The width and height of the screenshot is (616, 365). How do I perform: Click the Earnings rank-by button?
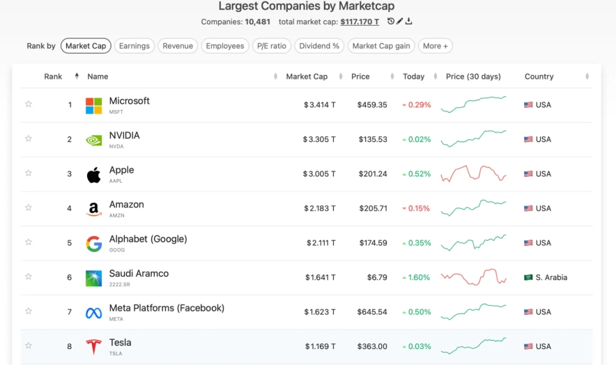(134, 46)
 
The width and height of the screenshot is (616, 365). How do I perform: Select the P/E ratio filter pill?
(271, 46)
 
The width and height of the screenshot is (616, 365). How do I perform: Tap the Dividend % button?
(320, 46)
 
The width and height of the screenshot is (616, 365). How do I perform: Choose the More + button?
(436, 46)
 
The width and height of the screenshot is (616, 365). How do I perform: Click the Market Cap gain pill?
(381, 46)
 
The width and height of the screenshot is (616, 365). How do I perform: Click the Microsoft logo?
(93, 105)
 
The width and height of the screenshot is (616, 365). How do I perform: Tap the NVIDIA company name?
(124, 135)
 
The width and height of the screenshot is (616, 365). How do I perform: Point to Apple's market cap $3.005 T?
(319, 174)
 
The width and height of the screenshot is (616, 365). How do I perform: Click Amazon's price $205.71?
(373, 208)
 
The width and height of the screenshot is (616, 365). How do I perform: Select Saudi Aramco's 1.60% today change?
(417, 277)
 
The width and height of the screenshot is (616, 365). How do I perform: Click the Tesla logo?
(93, 346)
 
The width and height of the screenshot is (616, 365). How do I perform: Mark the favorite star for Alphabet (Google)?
(29, 242)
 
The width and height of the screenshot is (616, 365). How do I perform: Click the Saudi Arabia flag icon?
(528, 277)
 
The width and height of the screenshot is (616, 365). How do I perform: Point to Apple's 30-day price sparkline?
(473, 173)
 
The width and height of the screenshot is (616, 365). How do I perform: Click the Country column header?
(539, 77)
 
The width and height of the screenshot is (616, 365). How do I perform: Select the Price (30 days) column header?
(474, 77)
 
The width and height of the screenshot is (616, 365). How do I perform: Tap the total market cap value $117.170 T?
(360, 22)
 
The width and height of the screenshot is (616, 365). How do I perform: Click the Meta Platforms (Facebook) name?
(167, 308)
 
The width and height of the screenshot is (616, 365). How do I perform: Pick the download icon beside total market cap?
(409, 22)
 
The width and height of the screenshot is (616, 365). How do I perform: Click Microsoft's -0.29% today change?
(417, 105)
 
